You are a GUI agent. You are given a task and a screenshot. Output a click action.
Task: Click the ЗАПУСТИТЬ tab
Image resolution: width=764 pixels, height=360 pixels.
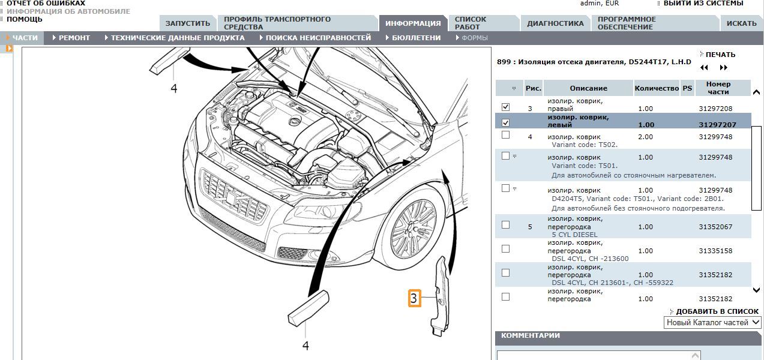point(188,23)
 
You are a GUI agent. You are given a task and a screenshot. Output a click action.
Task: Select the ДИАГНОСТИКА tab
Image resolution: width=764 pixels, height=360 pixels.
point(555,23)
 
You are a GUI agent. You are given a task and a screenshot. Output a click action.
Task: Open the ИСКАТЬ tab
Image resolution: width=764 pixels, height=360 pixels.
point(741,23)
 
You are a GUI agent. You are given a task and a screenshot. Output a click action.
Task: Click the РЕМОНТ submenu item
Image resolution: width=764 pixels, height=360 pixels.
point(74,38)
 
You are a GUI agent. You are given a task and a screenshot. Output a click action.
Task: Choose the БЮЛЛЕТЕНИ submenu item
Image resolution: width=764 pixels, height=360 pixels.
point(416,38)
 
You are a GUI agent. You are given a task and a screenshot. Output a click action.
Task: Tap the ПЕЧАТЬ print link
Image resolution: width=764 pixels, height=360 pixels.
point(720,55)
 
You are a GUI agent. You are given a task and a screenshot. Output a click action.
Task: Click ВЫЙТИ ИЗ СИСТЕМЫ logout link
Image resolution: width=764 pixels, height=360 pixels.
point(703,3)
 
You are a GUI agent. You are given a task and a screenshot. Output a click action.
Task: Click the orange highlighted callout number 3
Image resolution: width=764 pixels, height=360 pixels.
point(415,298)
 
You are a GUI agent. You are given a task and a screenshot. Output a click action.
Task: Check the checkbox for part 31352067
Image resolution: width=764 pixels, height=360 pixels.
point(505,225)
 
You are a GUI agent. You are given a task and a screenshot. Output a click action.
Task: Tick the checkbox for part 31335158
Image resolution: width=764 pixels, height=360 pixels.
point(505,249)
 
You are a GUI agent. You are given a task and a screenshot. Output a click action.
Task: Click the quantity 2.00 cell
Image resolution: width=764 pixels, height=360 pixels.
point(645,137)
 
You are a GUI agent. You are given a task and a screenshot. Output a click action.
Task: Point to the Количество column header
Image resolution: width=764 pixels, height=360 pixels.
point(657,88)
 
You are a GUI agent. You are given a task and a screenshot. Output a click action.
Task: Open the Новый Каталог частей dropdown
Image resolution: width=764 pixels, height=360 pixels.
point(712,322)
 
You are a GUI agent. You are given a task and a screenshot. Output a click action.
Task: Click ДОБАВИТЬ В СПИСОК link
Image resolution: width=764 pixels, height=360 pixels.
point(717,311)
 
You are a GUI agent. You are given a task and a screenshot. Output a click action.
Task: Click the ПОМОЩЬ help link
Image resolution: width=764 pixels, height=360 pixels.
point(26,19)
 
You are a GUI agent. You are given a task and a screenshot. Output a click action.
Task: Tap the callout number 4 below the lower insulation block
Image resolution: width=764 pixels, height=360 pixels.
point(305,346)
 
